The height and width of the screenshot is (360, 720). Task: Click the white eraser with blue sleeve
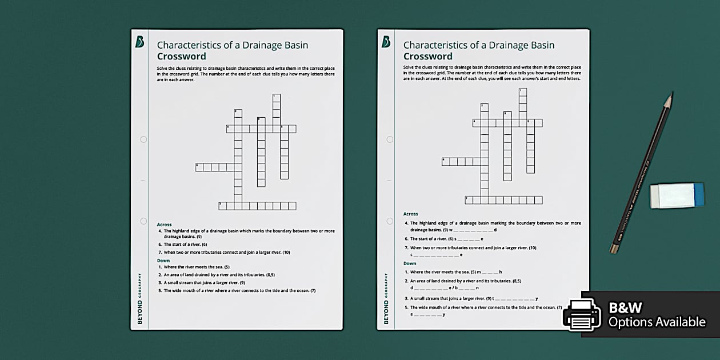click(677, 195)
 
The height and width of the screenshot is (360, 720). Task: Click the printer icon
click(582, 314)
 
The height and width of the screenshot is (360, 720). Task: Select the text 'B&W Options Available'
click(657, 315)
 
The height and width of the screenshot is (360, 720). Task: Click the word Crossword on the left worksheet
click(181, 57)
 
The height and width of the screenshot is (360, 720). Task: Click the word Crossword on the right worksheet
click(427, 57)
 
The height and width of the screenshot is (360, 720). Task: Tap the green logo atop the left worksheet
click(139, 42)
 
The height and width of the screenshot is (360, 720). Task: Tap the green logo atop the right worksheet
click(386, 42)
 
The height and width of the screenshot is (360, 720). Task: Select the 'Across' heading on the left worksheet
click(164, 225)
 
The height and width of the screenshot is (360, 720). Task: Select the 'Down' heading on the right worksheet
click(410, 263)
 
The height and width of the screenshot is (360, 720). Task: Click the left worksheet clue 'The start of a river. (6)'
click(185, 245)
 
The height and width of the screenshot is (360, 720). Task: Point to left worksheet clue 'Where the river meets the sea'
click(197, 267)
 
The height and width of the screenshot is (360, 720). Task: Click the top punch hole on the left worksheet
click(143, 139)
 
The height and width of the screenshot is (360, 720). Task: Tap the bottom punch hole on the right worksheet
click(390, 221)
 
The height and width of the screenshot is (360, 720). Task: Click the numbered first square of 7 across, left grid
click(223, 206)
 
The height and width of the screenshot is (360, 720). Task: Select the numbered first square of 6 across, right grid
click(446, 162)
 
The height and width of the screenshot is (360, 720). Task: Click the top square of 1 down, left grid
click(277, 98)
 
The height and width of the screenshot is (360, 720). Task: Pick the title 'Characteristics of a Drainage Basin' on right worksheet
click(479, 45)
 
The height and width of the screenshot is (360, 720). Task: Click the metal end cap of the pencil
click(614, 248)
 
